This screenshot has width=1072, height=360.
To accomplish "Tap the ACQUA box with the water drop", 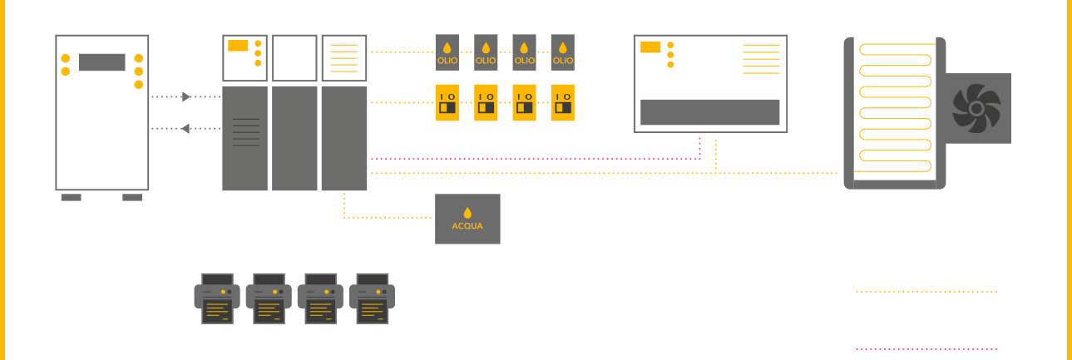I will click(x=467, y=219).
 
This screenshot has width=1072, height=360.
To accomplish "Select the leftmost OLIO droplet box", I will click(x=448, y=51).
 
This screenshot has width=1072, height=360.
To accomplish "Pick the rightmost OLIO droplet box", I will click(x=563, y=51).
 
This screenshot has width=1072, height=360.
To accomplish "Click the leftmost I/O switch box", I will click(x=448, y=102).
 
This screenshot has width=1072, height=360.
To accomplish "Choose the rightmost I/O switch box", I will click(x=563, y=102).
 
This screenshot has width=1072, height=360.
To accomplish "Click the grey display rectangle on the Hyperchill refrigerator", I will click(x=102, y=62).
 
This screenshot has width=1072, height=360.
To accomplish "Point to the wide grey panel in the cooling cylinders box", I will click(x=709, y=111).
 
